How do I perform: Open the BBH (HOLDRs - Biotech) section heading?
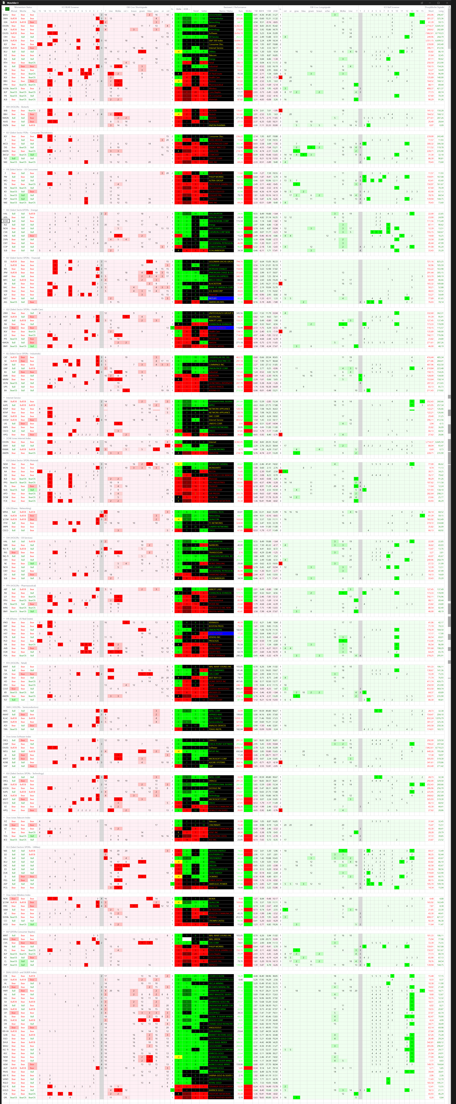click(x=17, y=107)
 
